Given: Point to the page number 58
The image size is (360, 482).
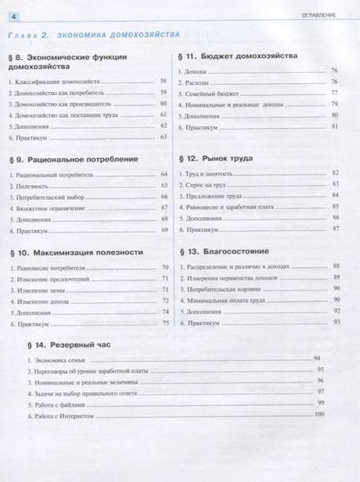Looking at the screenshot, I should click(161, 80).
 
